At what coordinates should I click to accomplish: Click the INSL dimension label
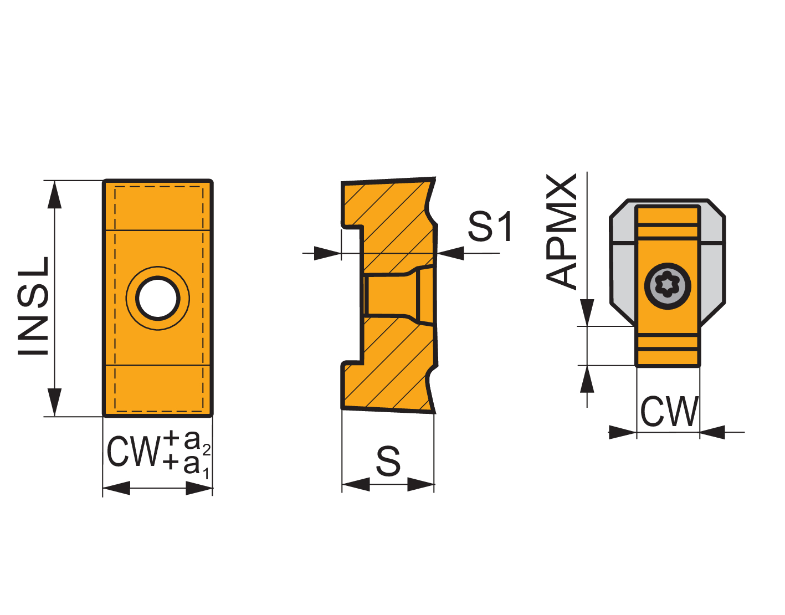33,306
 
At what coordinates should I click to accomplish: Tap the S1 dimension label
490,227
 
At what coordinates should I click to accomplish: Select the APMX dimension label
561,231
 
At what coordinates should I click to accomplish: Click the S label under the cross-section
388,461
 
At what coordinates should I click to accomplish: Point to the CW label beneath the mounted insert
669,411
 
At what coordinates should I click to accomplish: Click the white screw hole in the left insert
158,298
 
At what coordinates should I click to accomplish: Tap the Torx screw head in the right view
668,286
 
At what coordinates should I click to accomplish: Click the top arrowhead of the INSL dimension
54,194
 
